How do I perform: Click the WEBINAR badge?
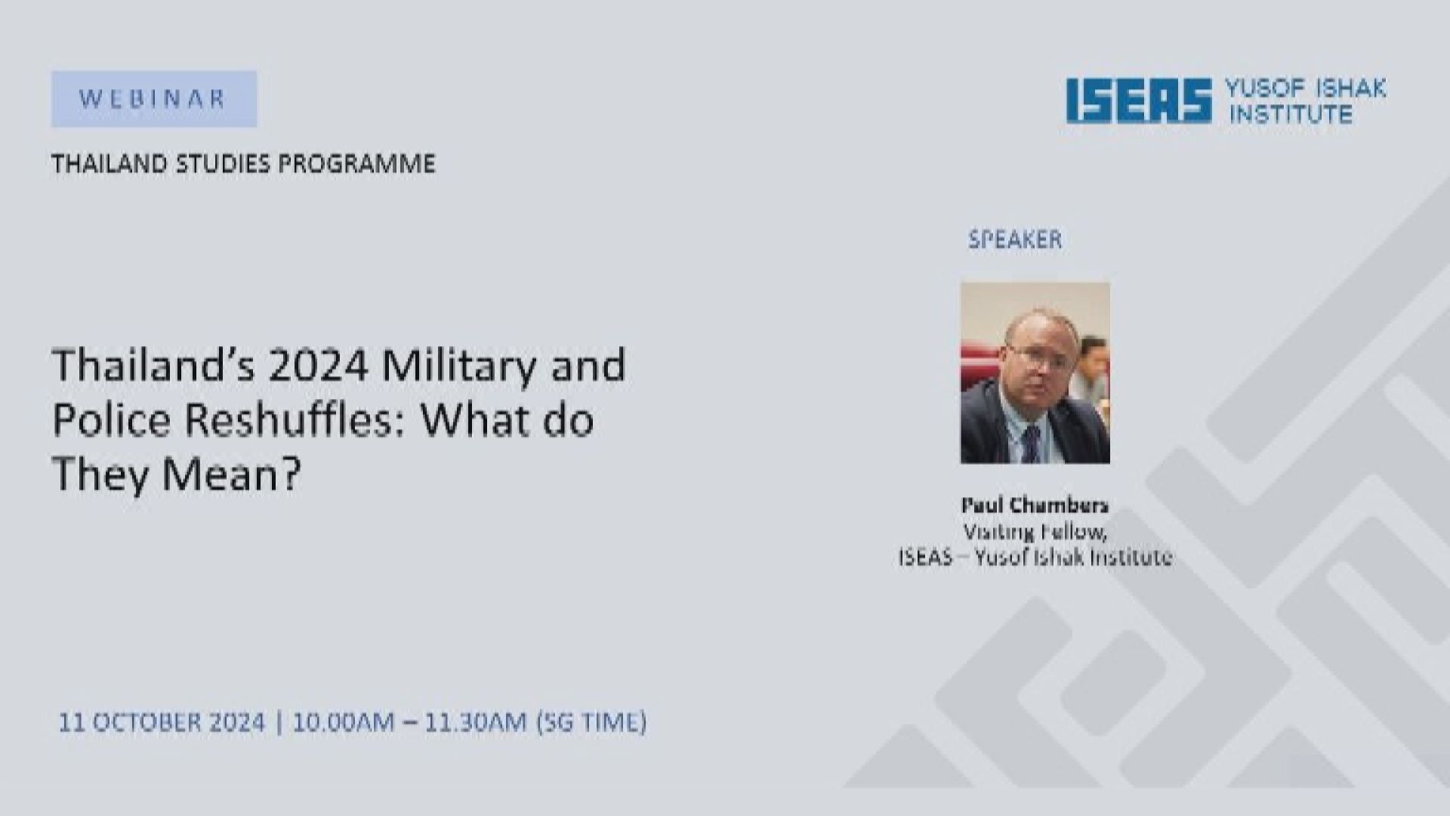pos(154,99)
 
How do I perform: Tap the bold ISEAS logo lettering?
pos(1139,101)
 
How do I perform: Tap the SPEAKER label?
pos(1015,240)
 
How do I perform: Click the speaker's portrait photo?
pos(1035,372)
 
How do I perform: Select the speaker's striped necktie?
pos(1030,444)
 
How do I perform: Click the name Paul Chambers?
pos(1035,505)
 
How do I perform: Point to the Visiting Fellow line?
pos(1035,532)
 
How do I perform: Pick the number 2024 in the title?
pos(318,366)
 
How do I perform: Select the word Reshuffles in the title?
pos(295,421)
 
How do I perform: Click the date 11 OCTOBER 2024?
pos(162,722)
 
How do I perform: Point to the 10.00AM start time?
pos(344,722)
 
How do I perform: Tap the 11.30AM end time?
pos(475,722)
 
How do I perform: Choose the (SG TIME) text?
pos(591,723)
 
